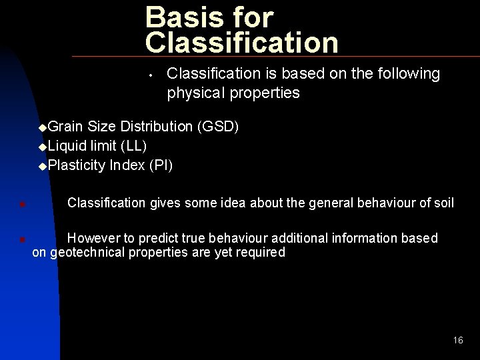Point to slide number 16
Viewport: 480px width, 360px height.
(x=457, y=340)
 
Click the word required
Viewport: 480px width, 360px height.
(x=261, y=253)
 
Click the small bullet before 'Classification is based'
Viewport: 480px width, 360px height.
(x=153, y=75)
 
